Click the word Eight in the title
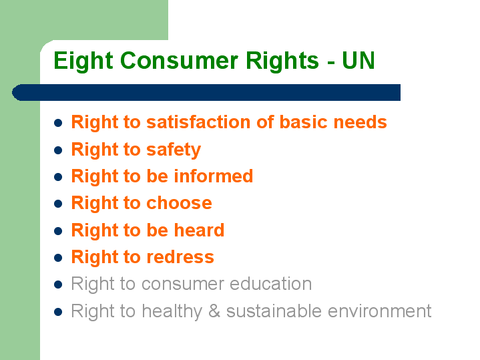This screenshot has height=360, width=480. pyautogui.click(x=83, y=61)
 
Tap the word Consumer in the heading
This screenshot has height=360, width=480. pyautogui.click(x=179, y=60)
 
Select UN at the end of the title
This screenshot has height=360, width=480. pyautogui.click(x=358, y=60)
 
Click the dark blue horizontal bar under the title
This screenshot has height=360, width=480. pyautogui.click(x=206, y=92)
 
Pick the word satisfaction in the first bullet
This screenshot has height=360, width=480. pyautogui.click(x=198, y=122)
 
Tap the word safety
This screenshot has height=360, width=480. pyautogui.click(x=174, y=150)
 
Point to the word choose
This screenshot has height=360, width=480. pyautogui.click(x=179, y=203)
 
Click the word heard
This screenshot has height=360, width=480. pyautogui.click(x=199, y=230)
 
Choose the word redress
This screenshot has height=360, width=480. pyautogui.click(x=180, y=256)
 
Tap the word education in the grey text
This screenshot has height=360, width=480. pyautogui.click(x=270, y=283)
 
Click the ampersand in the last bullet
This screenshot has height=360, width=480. pyautogui.click(x=214, y=311)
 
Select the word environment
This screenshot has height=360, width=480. pyautogui.click(x=380, y=311)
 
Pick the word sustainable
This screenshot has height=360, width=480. pyautogui.click(x=274, y=311)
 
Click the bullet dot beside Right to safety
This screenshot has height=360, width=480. pyautogui.click(x=58, y=150)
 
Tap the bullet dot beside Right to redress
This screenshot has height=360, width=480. pyautogui.click(x=58, y=258)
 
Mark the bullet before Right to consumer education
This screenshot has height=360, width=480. pyautogui.click(x=58, y=285)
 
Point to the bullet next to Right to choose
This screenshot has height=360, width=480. pyautogui.click(x=58, y=204)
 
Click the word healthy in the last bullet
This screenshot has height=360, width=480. pyautogui.click(x=172, y=311)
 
